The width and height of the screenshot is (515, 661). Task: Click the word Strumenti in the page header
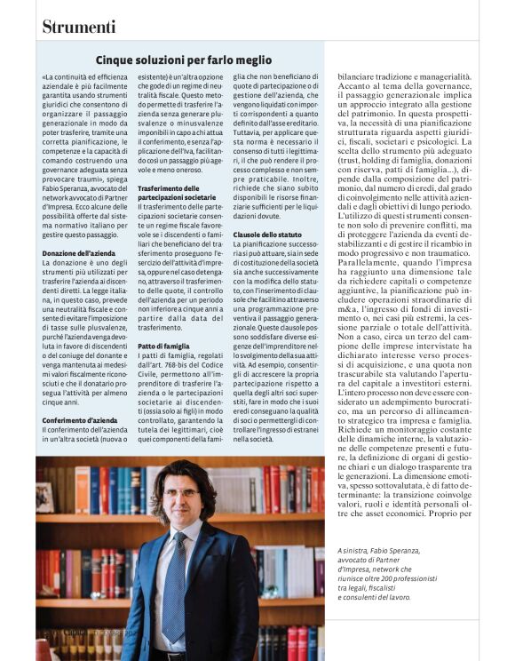point(78,27)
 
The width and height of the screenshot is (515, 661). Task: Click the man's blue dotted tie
point(175,586)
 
